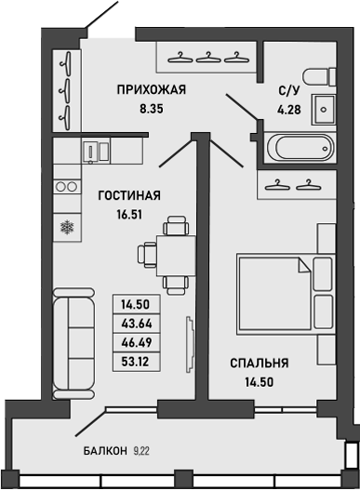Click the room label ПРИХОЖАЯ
[x=152, y=90]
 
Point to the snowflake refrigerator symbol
[x=66, y=226]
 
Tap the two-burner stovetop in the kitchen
[x=66, y=186]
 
